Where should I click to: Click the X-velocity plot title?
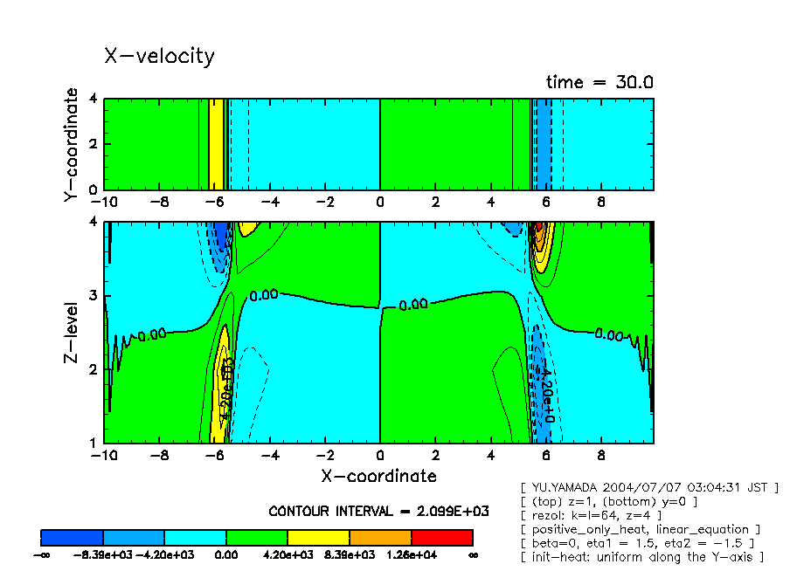(x=159, y=56)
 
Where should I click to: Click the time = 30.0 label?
(x=599, y=82)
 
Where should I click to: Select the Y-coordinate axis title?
(x=73, y=145)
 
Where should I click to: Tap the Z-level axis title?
(x=73, y=334)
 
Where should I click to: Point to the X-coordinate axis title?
(x=378, y=476)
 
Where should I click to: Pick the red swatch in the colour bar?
(x=441, y=537)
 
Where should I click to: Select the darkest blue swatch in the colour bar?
(x=72, y=537)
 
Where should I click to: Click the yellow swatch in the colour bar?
(x=318, y=537)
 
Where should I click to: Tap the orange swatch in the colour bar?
(x=380, y=537)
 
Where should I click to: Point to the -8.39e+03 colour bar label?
(x=102, y=554)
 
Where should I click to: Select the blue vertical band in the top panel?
(x=543, y=144)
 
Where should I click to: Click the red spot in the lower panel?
(x=539, y=227)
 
